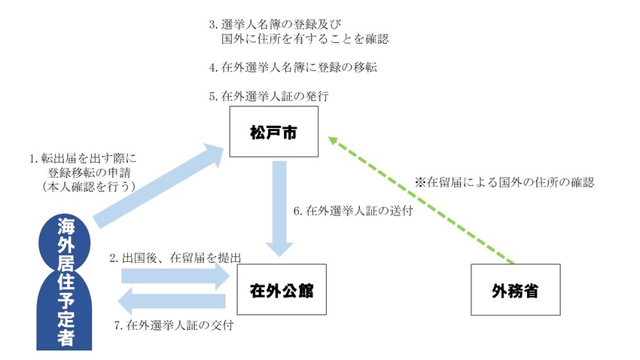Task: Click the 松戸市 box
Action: click(x=274, y=132)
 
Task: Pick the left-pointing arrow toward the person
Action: click(x=173, y=303)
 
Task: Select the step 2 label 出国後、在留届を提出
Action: click(x=175, y=258)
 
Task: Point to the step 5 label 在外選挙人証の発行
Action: click(x=270, y=96)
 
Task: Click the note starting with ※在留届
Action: click(x=504, y=182)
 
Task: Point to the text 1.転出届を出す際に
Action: click(x=83, y=159)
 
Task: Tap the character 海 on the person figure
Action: click(x=65, y=227)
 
